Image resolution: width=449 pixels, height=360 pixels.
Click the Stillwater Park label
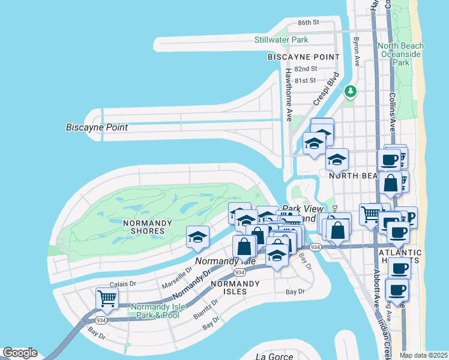point(281,40)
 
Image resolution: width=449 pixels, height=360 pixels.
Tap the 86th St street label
point(308,22)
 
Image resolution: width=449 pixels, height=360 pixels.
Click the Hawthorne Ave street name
point(288,91)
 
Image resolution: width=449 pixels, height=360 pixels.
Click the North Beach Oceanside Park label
point(400,54)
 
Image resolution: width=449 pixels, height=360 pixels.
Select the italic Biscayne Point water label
point(95,127)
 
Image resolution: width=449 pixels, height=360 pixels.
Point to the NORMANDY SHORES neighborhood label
point(139,227)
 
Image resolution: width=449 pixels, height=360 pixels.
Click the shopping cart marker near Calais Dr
point(107,298)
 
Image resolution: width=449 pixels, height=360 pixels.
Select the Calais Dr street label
point(123,284)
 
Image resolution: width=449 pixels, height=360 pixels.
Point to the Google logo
point(20,353)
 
